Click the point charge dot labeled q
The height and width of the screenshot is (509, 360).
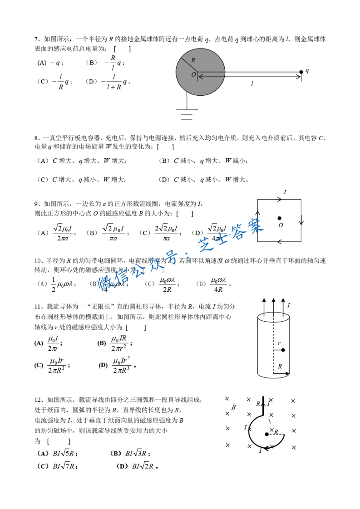click(301, 72)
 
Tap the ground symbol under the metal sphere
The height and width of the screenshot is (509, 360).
click(187, 113)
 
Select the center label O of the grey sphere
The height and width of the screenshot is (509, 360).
click(193, 74)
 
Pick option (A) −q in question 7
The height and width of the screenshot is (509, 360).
click(50, 63)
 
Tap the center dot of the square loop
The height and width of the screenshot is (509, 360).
click(280, 218)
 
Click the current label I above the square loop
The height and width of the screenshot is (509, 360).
click(285, 193)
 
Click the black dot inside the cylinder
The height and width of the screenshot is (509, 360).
click(283, 350)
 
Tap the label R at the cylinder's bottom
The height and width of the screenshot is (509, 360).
click(280, 366)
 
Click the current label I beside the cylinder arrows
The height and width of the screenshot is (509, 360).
click(288, 305)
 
